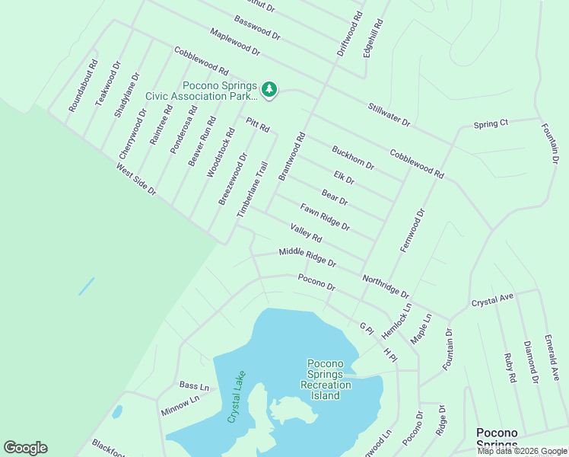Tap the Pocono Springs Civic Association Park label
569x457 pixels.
[202, 91]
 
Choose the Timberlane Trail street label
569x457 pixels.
[253, 190]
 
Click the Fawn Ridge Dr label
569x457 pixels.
[325, 217]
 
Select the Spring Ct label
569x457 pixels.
[491, 123]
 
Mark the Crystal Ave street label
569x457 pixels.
[493, 301]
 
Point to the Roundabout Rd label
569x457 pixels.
[84, 87]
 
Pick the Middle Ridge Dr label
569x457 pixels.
[307, 257]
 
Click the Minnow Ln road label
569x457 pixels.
[180, 404]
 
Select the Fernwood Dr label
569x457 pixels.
[412, 226]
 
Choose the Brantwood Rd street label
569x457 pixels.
[291, 157]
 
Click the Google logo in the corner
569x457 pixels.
[25, 448]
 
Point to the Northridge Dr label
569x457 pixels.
[386, 286]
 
